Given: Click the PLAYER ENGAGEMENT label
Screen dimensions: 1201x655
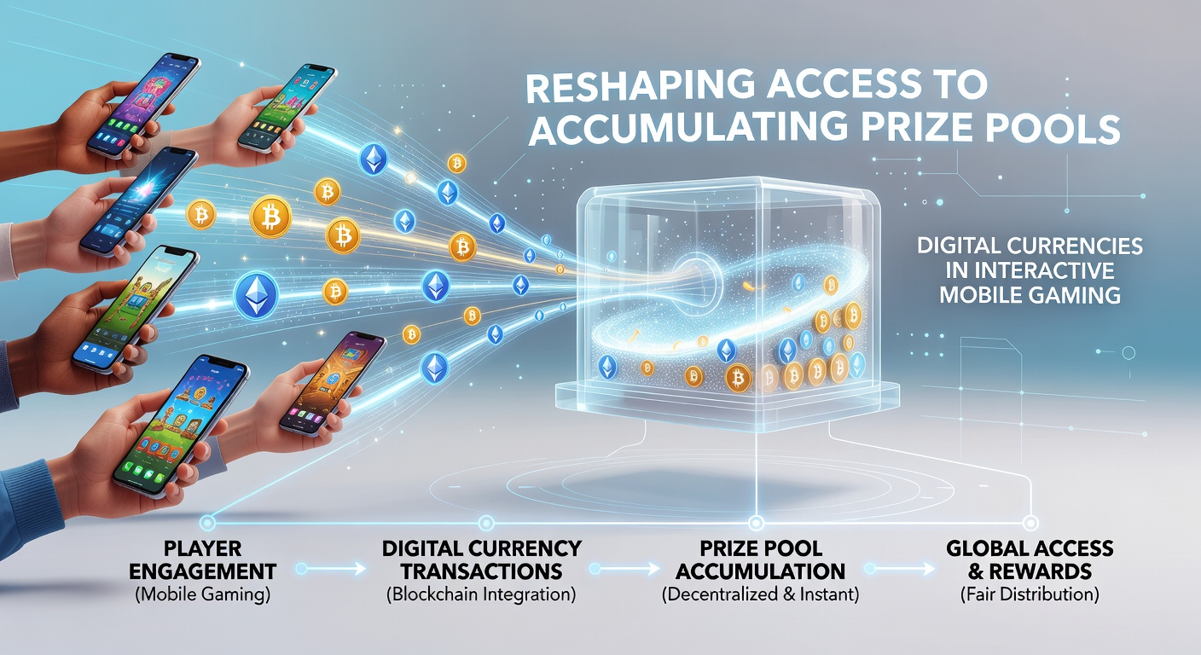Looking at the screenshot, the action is point(203,559).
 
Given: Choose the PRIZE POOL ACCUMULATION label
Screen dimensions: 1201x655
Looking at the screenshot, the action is point(760,559).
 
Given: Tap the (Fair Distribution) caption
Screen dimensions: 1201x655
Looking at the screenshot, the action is point(1030,594).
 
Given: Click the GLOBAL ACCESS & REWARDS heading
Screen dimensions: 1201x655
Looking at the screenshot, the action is point(1030,559).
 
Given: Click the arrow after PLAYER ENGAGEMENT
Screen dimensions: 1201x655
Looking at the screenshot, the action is point(331,569).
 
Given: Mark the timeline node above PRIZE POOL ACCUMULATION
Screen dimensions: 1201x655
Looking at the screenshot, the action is point(756,523).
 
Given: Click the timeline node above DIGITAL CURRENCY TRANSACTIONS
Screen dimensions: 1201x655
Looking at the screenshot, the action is point(485,523).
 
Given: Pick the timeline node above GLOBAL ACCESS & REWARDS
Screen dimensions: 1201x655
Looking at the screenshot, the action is point(1030,523).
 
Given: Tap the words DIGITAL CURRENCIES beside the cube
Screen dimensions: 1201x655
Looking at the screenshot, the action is point(1030,246).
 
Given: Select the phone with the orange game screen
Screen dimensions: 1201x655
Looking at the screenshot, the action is point(333,383).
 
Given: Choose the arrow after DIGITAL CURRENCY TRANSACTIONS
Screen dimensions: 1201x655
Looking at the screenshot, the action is point(625,569).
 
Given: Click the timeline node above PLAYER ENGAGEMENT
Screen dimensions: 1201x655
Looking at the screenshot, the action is point(207,523).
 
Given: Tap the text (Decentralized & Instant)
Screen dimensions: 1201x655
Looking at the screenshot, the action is point(760,594).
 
